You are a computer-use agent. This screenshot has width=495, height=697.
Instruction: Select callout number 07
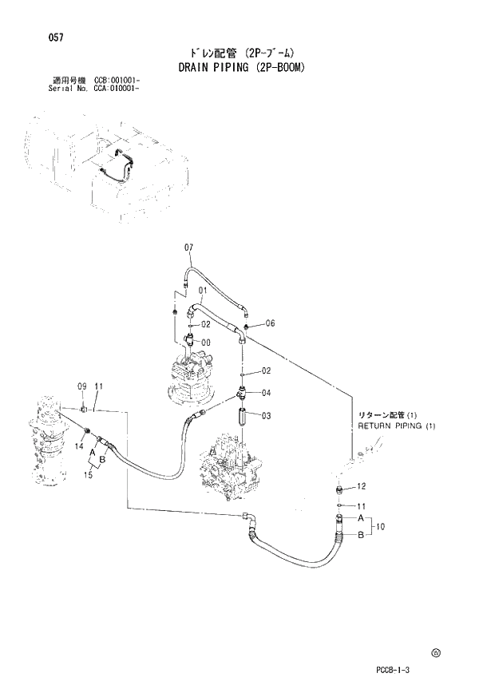click(189, 248)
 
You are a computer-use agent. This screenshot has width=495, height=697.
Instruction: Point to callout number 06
click(270, 323)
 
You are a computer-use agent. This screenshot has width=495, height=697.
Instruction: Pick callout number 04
click(267, 392)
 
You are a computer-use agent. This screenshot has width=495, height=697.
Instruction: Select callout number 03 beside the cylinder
click(267, 415)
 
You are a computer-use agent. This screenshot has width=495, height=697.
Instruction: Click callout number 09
click(81, 386)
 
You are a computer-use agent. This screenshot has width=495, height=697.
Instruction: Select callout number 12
click(361, 486)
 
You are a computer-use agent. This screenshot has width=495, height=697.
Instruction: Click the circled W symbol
click(435, 652)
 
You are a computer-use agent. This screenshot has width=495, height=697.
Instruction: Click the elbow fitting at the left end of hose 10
click(251, 521)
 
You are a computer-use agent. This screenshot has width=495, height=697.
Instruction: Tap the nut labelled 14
click(87, 432)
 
